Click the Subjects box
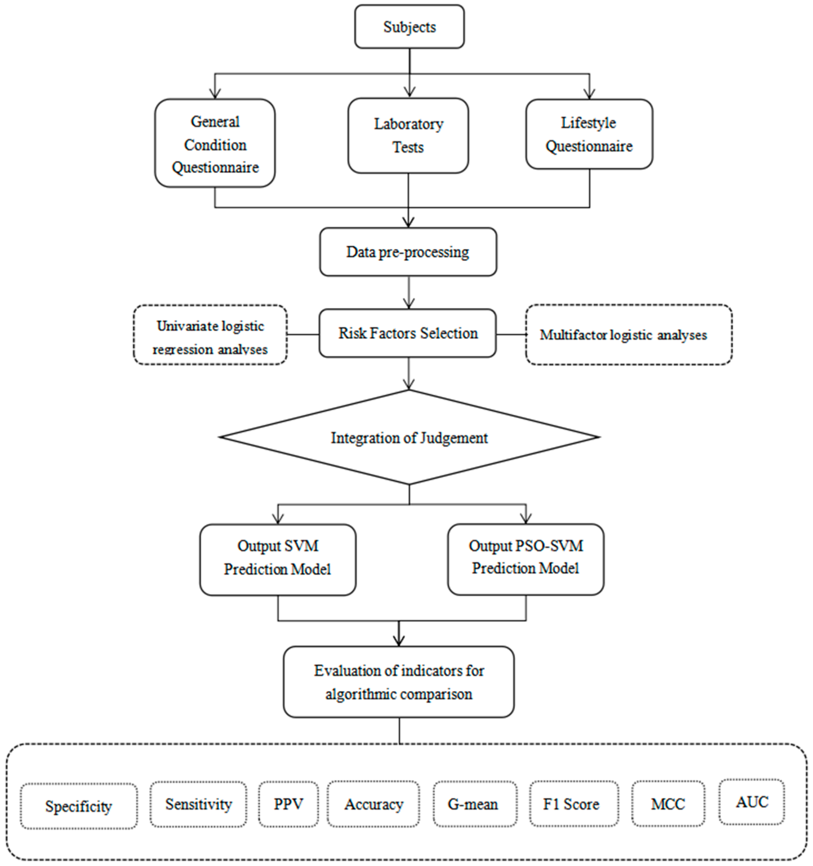(x=409, y=27)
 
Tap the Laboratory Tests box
(x=408, y=135)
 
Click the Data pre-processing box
(x=408, y=252)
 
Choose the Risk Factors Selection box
(x=408, y=333)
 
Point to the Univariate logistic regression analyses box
(x=210, y=335)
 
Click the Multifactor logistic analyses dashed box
(x=628, y=335)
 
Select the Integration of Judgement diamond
(x=409, y=437)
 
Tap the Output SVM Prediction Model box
(x=278, y=559)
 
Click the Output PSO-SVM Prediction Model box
(x=526, y=559)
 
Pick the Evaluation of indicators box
(x=399, y=682)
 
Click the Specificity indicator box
(x=79, y=806)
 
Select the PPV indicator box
(x=288, y=804)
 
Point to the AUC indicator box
(x=752, y=802)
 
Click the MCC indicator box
(x=668, y=804)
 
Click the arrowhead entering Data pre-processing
(x=408, y=222)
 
